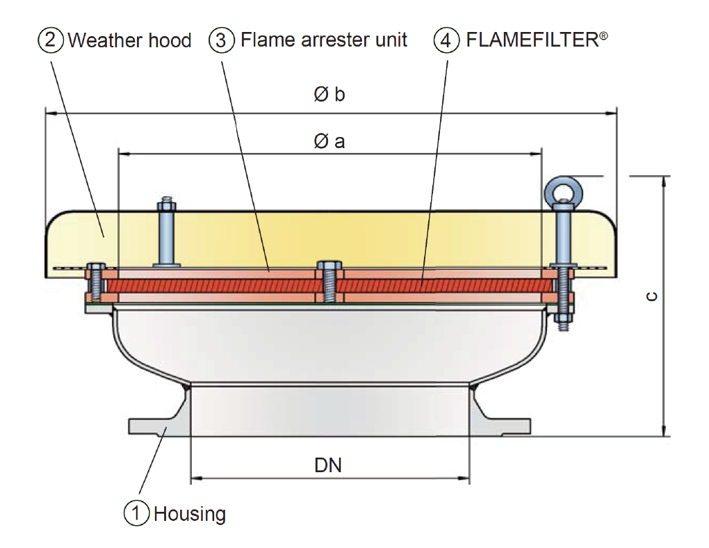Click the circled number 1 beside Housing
pyautogui.click(x=137, y=514)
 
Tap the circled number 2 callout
pyautogui.click(x=51, y=40)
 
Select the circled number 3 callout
pyautogui.click(x=222, y=40)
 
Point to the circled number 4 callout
pyautogui.click(x=447, y=40)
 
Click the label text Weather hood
pyautogui.click(x=129, y=40)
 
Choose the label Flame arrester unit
pyautogui.click(x=324, y=40)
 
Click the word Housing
pyautogui.click(x=190, y=515)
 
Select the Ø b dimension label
pyautogui.click(x=329, y=95)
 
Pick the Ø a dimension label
pyautogui.click(x=329, y=142)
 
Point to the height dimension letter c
pyautogui.click(x=651, y=296)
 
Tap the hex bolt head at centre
pyautogui.click(x=329, y=266)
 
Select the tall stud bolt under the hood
pyautogui.click(x=166, y=233)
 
